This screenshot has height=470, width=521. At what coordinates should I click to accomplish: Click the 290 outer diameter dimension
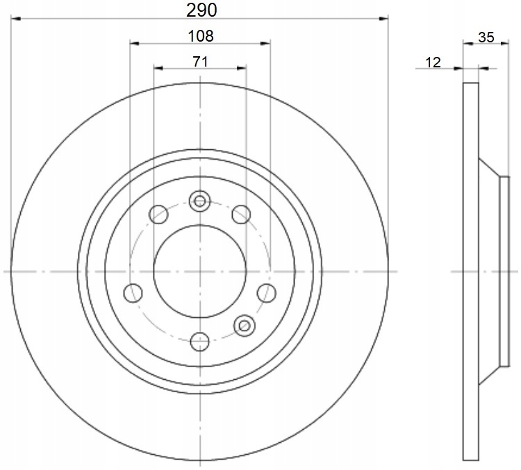pos(201,10)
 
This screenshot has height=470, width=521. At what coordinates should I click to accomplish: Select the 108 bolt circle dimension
pos(201,36)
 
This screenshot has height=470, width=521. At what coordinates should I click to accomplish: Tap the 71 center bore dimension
pos(200,62)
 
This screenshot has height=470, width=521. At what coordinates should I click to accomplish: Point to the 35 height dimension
pos(486,37)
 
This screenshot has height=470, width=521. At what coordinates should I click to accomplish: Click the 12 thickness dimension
pos(433,62)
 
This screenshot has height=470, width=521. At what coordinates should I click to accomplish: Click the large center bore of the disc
pos(200,271)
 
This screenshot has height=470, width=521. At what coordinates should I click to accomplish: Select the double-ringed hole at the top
pos(199,201)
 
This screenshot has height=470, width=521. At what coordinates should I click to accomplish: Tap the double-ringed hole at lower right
pos(245,326)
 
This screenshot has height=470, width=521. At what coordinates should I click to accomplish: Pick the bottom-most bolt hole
pos(200,342)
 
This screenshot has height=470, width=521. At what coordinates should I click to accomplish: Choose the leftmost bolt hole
pos(133,293)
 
